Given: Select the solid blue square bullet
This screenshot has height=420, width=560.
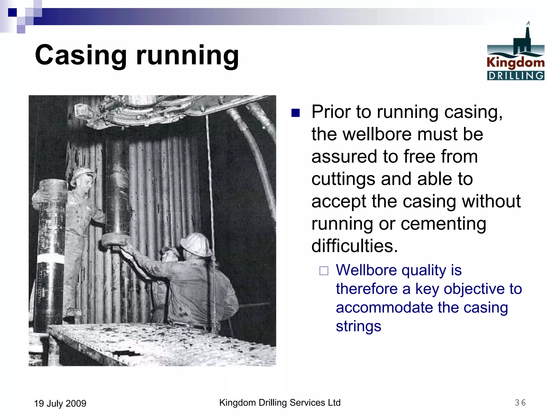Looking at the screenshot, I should (296, 113).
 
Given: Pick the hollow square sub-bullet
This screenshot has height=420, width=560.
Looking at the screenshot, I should (324, 271).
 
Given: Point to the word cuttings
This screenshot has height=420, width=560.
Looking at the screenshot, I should (343, 179).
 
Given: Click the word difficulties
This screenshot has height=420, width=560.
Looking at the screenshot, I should (355, 246).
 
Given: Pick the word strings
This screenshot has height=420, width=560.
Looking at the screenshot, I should (358, 326).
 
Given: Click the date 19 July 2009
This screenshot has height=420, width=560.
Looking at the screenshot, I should (60, 403).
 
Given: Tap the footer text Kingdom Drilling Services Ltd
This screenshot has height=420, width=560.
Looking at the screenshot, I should (280, 402).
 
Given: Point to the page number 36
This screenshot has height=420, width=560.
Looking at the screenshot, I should (520, 402).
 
